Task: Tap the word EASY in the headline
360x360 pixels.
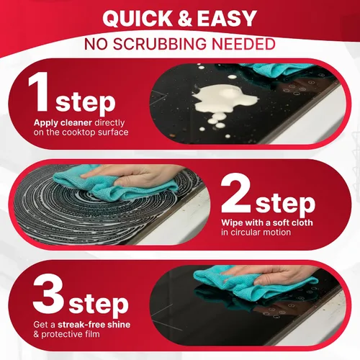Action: pyautogui.click(x=227, y=19)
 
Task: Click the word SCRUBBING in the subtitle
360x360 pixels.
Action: pyautogui.click(x=160, y=44)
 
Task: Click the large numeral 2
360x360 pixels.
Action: pyautogui.click(x=235, y=193)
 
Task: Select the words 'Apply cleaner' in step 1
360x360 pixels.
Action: pyautogui.click(x=63, y=123)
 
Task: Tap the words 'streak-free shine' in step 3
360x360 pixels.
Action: pyautogui.click(x=94, y=325)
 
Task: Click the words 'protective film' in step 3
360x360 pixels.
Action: pyautogui.click(x=71, y=334)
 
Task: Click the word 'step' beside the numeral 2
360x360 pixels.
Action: pyautogui.click(x=285, y=204)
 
